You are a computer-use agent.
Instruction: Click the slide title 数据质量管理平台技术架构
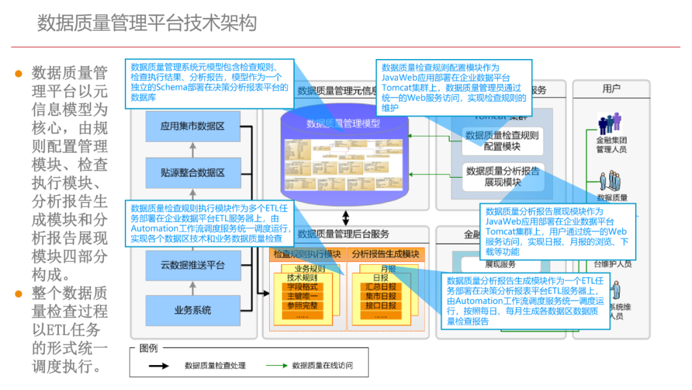pos(147,23)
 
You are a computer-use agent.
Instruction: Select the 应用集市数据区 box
pos(192,126)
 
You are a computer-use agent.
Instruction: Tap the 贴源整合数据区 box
pos(192,173)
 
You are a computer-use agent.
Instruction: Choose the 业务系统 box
pos(192,310)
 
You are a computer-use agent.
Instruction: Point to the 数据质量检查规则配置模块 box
pos(502,141)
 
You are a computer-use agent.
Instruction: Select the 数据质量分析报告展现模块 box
pos(502,176)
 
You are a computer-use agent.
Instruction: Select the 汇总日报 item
pos(381,287)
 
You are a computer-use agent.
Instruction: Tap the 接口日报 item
pos(381,305)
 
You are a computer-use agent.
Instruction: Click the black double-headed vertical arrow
pos(346,217)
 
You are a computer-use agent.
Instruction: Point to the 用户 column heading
pos(611,89)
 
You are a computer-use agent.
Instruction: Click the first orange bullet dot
pos(19,73)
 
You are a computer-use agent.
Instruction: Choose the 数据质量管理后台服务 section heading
pos(343,234)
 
